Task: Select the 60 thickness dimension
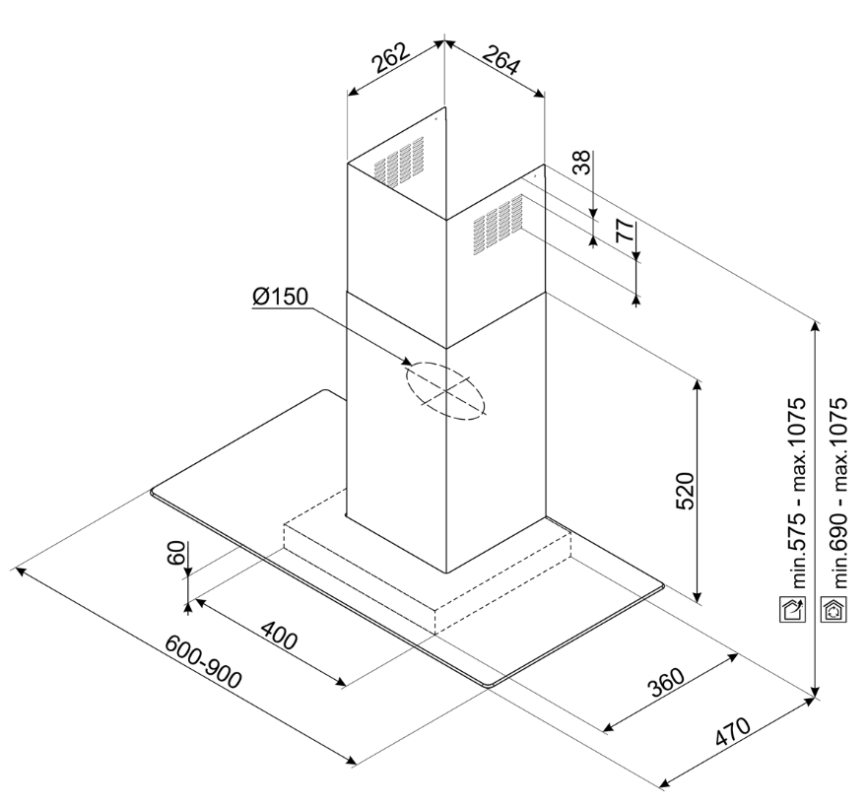click(x=175, y=554)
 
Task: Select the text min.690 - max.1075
click(x=839, y=492)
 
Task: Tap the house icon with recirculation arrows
click(x=834, y=608)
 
